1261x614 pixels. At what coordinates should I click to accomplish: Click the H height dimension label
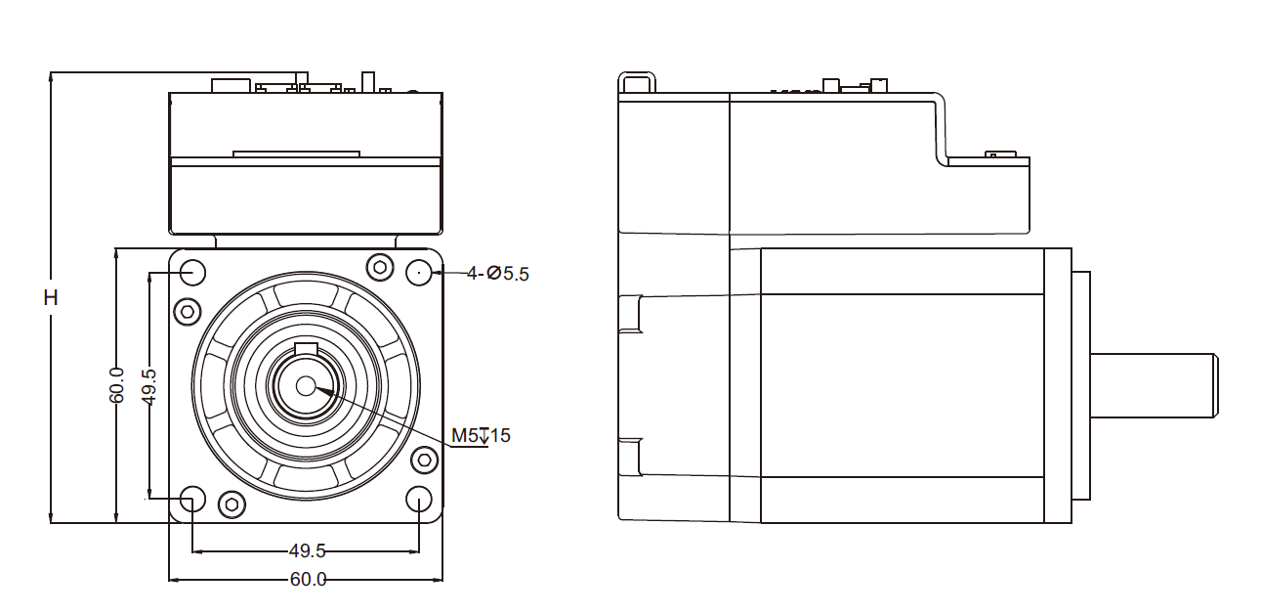point(51,297)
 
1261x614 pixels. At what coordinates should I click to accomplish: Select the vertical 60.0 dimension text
point(117,385)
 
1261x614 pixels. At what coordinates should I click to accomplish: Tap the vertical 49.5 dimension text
point(149,385)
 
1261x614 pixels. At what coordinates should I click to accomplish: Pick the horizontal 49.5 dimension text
point(308,550)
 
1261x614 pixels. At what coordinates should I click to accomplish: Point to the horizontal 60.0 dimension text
point(308,579)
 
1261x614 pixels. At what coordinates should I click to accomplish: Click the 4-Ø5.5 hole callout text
point(497,274)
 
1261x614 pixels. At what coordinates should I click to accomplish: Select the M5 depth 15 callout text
point(481,435)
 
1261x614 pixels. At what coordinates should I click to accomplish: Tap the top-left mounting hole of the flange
point(192,272)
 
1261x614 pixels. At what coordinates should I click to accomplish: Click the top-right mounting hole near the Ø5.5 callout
point(420,272)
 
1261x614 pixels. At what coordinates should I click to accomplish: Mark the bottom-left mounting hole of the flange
point(192,500)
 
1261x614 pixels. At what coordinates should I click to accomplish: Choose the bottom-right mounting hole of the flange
point(420,500)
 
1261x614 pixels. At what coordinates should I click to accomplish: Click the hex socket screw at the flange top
point(379,267)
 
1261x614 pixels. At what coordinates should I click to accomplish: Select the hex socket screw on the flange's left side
point(187,312)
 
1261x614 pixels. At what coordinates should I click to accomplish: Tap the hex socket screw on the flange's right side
point(425,460)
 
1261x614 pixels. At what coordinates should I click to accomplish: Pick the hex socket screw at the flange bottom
point(231,504)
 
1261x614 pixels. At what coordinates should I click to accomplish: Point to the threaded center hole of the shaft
point(306,385)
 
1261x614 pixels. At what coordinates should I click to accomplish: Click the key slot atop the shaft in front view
point(306,351)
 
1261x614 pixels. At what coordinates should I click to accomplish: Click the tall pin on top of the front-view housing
point(368,82)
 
